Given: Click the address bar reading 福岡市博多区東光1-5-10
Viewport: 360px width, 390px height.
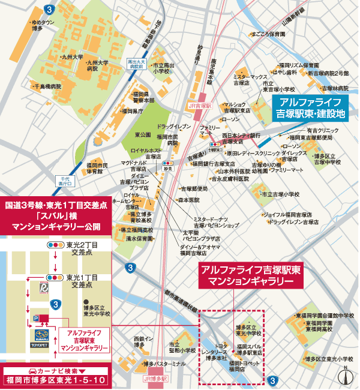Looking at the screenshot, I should tap(57, 380).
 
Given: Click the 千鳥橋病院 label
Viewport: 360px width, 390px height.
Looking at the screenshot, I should tap(47, 86).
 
